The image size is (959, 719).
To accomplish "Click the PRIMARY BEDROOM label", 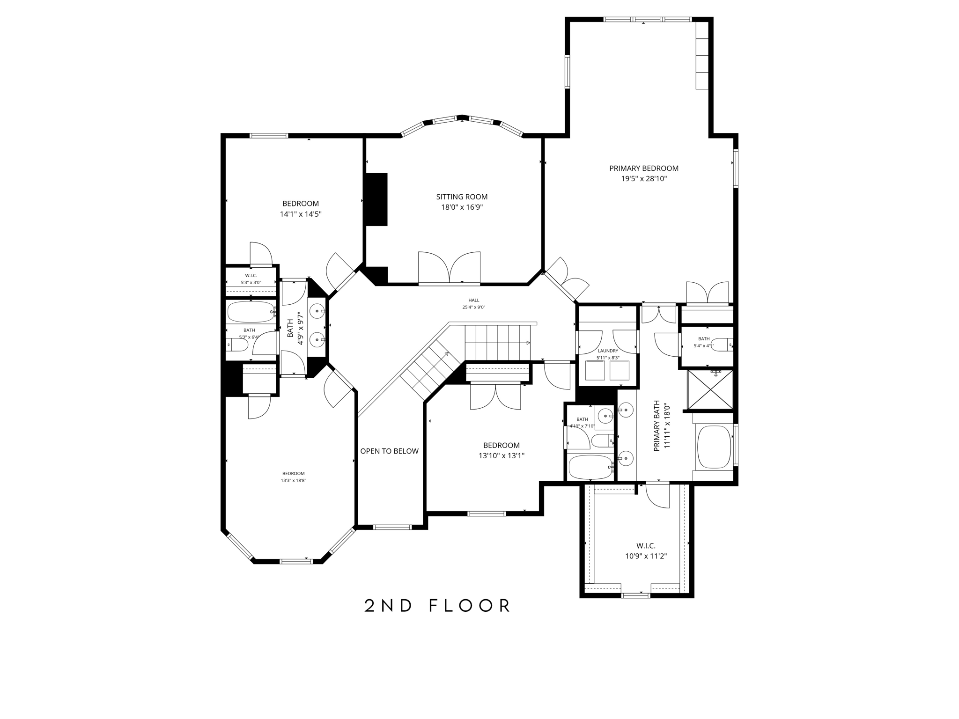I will tap(643, 169).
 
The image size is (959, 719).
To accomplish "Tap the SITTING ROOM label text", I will tap(462, 197).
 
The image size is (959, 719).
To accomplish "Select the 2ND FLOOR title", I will tap(437, 606).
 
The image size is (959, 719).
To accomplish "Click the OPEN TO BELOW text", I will tap(389, 451).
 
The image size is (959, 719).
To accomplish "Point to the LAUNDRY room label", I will tap(608, 351).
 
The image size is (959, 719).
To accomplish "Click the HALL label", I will tap(473, 301).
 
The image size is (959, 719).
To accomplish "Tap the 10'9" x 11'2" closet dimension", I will tap(646, 557).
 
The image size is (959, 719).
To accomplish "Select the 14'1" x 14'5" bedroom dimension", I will tap(301, 214).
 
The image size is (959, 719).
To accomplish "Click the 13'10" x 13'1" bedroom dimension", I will tap(501, 455).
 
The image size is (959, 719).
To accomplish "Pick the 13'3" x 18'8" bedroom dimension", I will tap(293, 481).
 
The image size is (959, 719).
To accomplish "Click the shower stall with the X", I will tap(710, 390).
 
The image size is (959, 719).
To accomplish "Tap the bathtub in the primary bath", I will tap(714, 447).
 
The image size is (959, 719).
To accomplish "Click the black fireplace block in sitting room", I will tap(376, 199).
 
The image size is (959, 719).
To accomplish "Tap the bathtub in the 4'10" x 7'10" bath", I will tap(590, 467).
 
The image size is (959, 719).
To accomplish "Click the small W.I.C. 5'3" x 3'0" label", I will tap(251, 276).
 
